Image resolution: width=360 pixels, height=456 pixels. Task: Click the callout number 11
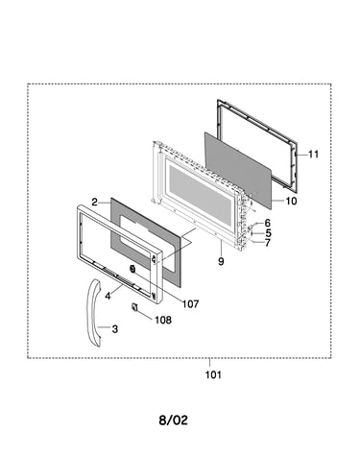tap(314, 155)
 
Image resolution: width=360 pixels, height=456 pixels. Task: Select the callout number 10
tap(291, 201)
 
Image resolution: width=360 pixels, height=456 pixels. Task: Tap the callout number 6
tap(267, 223)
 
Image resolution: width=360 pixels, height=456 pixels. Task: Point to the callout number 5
tap(268, 233)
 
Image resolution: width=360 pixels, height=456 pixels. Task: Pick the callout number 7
tap(267, 243)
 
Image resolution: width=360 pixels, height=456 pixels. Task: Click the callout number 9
tap(221, 261)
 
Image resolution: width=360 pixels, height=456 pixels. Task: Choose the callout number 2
tap(94, 203)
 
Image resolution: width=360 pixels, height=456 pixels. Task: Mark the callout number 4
tap(108, 296)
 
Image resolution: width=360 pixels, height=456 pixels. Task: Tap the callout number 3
tap(115, 328)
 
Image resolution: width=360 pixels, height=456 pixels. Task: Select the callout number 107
tap(191, 303)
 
